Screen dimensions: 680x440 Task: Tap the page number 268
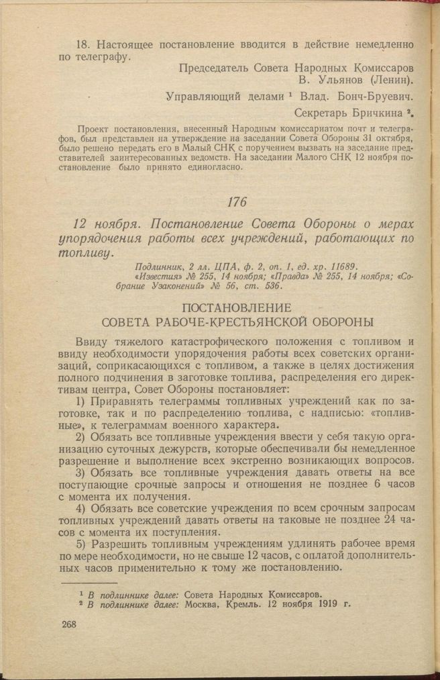[68, 624]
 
